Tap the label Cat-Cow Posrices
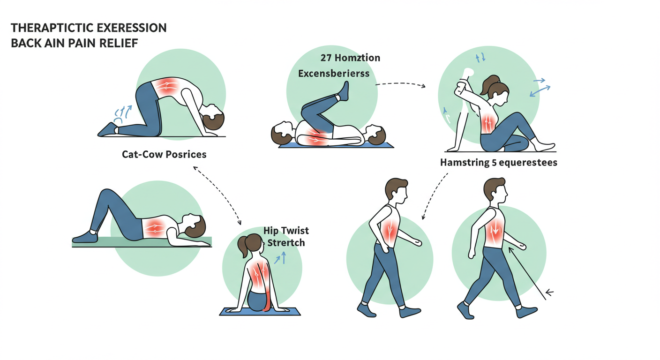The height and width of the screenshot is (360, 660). click(164, 154)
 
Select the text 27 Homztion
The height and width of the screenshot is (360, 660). click(350, 58)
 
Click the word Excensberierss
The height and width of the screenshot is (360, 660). click(334, 74)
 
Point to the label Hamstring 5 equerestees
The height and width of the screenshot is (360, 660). click(498, 163)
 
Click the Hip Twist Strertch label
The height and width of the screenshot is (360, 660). click(286, 237)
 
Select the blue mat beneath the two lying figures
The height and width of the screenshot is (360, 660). click(335, 145)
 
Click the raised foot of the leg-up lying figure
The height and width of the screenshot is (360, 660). click(344, 91)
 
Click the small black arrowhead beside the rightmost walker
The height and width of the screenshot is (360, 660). click(549, 292)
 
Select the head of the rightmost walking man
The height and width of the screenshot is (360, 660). click(495, 190)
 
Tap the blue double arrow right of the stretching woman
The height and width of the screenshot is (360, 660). click(540, 90)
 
